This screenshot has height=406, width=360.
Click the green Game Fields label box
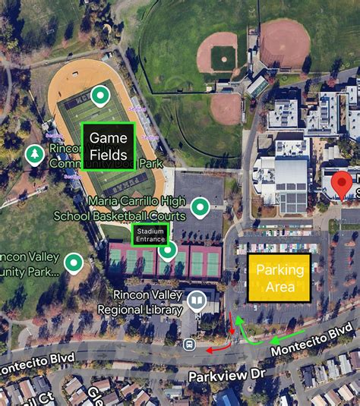(x=109, y=146)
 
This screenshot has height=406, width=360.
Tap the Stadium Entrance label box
(x=150, y=235)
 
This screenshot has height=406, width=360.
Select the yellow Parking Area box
(x=279, y=279)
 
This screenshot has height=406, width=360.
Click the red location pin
(x=343, y=184)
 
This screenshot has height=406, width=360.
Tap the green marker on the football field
(x=99, y=96)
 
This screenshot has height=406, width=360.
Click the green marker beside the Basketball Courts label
(x=200, y=206)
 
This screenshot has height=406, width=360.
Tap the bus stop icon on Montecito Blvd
(x=190, y=345)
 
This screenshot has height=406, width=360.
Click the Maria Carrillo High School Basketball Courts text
(x=118, y=208)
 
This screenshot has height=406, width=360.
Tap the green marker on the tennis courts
(x=168, y=250)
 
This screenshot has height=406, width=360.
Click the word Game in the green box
(x=109, y=138)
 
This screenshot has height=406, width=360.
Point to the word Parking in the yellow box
(x=279, y=270)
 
